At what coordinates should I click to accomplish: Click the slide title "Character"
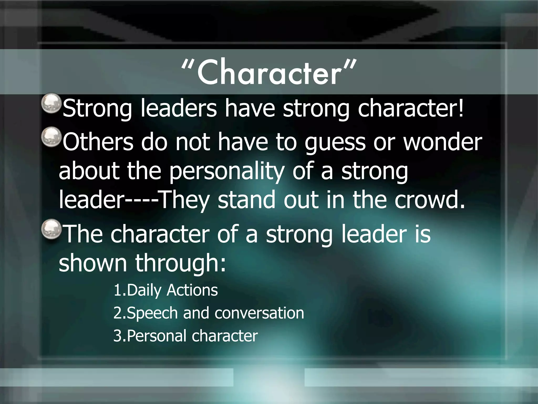(269, 72)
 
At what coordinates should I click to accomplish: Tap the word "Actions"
(192, 290)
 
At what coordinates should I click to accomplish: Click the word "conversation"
(259, 313)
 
